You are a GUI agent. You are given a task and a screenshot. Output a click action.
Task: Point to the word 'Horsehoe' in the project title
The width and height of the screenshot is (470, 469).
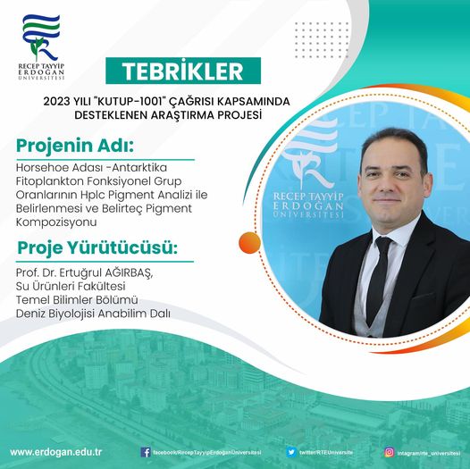coord(41,165)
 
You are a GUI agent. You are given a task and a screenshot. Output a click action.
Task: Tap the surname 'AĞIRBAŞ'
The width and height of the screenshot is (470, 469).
coord(127,272)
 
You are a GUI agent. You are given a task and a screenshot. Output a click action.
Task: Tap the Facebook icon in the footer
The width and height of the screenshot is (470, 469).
coord(146,452)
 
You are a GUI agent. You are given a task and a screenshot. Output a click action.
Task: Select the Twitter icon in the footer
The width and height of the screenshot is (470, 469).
coord(291,452)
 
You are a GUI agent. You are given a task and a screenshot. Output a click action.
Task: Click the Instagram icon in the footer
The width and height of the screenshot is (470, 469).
coord(389,452)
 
